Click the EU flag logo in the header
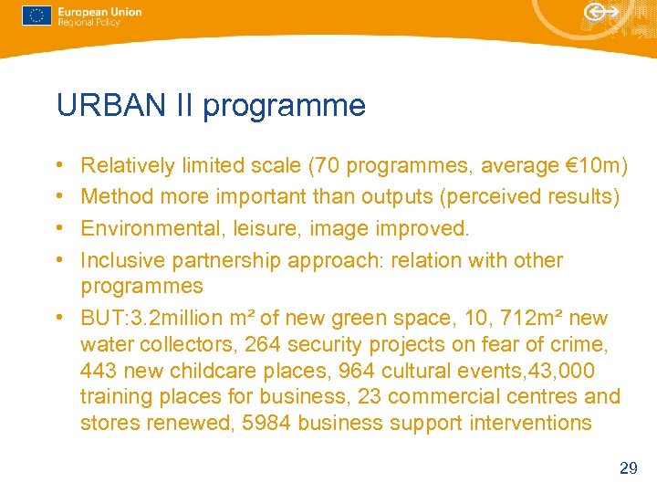(x=36, y=16)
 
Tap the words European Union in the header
(x=99, y=12)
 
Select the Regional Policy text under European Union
(x=89, y=23)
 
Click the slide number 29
(x=628, y=468)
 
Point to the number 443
(x=99, y=371)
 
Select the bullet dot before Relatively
(x=58, y=166)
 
